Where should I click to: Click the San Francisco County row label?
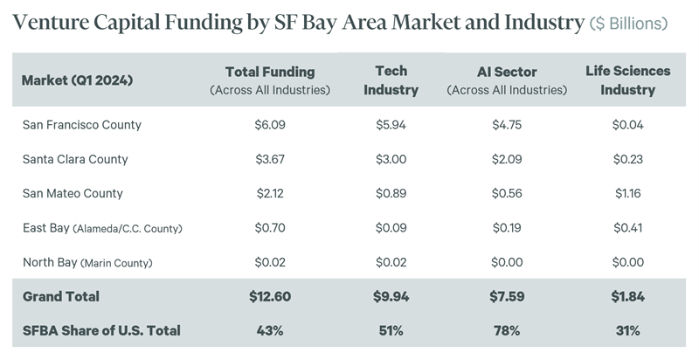pyautogui.click(x=81, y=125)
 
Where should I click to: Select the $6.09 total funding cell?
pyautogui.click(x=269, y=125)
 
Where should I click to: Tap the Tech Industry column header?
pyautogui.click(x=391, y=80)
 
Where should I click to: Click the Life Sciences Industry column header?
pyautogui.click(x=627, y=80)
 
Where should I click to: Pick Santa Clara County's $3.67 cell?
pyautogui.click(x=269, y=159)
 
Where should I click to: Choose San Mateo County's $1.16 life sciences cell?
pyautogui.click(x=627, y=193)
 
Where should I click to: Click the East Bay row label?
pyautogui.click(x=103, y=228)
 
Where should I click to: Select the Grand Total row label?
pyautogui.click(x=61, y=297)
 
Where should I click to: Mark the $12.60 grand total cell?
pyautogui.click(x=269, y=297)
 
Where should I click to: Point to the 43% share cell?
pyautogui.click(x=269, y=331)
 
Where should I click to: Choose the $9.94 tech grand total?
pyautogui.click(x=391, y=297)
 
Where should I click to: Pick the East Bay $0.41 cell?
pyautogui.click(x=627, y=228)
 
